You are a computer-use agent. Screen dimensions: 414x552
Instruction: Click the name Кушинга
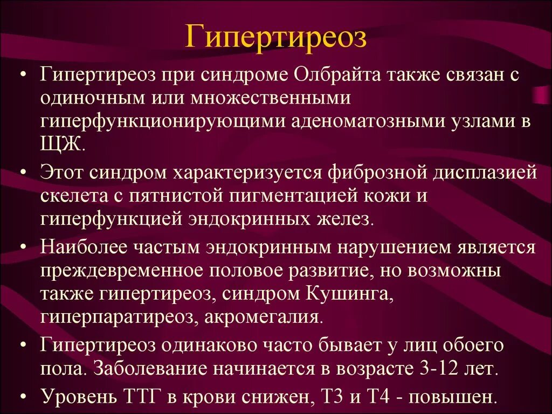(351, 294)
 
